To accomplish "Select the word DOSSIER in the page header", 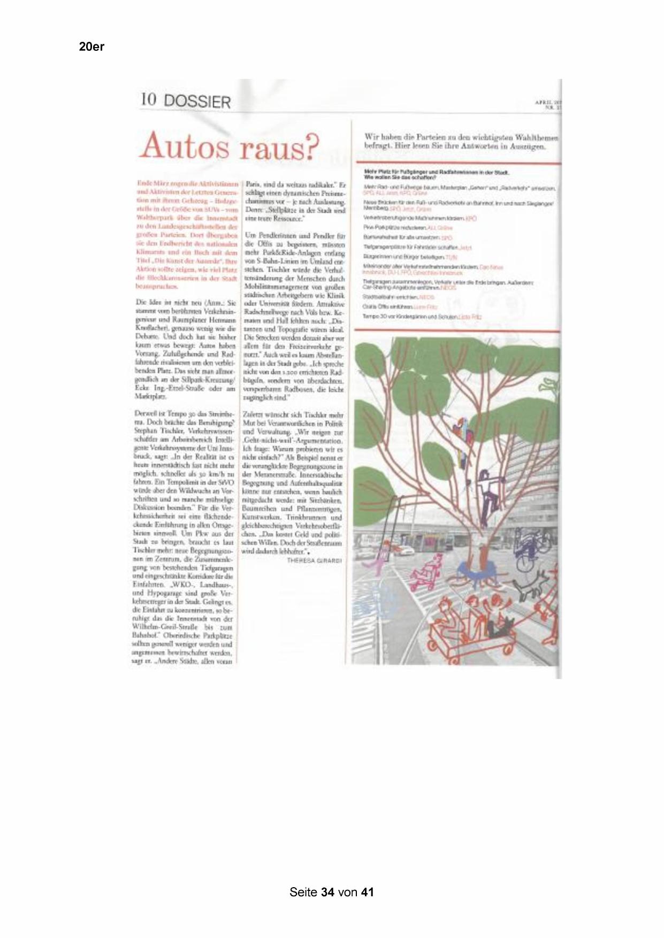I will tap(197, 101).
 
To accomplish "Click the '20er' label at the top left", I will tap(91, 47).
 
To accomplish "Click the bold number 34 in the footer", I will tap(328, 892).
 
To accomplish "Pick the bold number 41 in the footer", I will tap(367, 892).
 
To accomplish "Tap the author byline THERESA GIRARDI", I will tap(315, 560).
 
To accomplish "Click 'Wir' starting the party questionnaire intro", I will tap(371, 137).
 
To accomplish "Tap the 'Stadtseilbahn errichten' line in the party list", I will tap(391, 297).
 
